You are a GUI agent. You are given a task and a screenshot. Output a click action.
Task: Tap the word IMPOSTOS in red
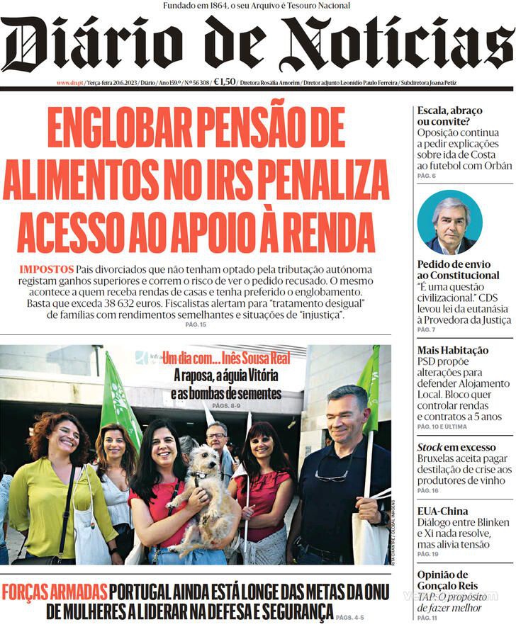point(46,270)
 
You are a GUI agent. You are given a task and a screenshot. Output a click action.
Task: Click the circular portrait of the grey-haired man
point(449,222)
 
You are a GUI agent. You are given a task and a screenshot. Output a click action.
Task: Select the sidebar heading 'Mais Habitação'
point(452,350)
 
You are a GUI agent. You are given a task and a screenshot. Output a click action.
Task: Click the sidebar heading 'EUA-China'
point(442,511)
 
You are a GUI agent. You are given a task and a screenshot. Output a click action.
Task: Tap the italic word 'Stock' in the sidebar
point(430,447)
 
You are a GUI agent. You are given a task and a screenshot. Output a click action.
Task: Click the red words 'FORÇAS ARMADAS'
point(55,591)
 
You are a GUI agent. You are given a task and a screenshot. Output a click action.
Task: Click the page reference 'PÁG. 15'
point(195,324)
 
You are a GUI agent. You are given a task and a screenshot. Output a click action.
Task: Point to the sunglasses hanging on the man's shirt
point(332,475)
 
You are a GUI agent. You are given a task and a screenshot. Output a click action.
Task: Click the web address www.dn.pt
point(69,83)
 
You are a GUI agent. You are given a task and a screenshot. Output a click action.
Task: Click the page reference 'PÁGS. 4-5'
point(351,618)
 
